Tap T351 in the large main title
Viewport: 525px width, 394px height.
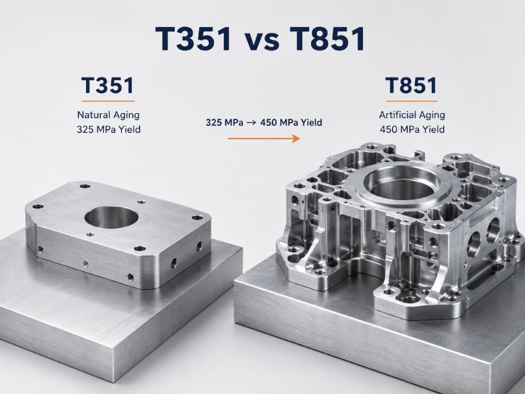click(x=194, y=39)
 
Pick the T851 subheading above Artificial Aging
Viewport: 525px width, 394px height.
click(x=411, y=85)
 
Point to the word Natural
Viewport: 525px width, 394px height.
click(x=92, y=115)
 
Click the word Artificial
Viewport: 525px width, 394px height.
click(x=397, y=115)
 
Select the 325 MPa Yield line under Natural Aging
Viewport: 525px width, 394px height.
click(x=108, y=129)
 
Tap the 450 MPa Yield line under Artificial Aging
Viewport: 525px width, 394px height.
click(x=412, y=129)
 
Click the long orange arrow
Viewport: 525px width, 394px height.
click(x=264, y=138)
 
